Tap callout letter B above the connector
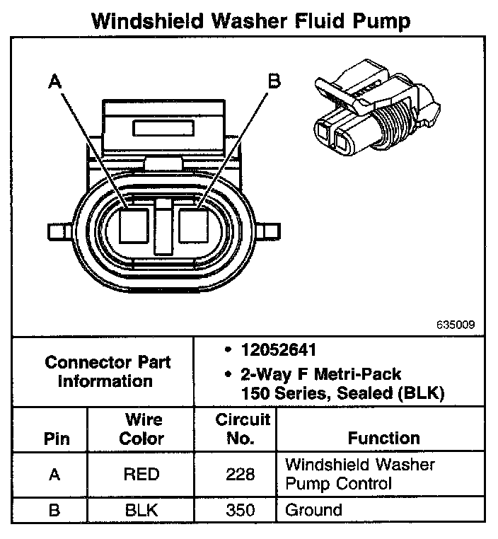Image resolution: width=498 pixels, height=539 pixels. [273, 81]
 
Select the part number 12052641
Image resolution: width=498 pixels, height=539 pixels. [277, 350]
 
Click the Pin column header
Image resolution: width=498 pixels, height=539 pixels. [57, 439]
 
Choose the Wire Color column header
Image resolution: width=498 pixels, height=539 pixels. [141, 429]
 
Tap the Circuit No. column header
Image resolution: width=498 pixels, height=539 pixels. [243, 429]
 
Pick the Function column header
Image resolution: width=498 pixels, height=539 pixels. [383, 439]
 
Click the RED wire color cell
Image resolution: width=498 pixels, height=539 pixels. [141, 475]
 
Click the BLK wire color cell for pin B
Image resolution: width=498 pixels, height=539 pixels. [141, 510]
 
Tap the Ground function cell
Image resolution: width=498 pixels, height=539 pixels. [313, 510]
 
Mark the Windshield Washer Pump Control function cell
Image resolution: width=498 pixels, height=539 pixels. [359, 474]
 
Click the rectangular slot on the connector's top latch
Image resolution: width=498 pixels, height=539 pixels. [163, 129]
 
